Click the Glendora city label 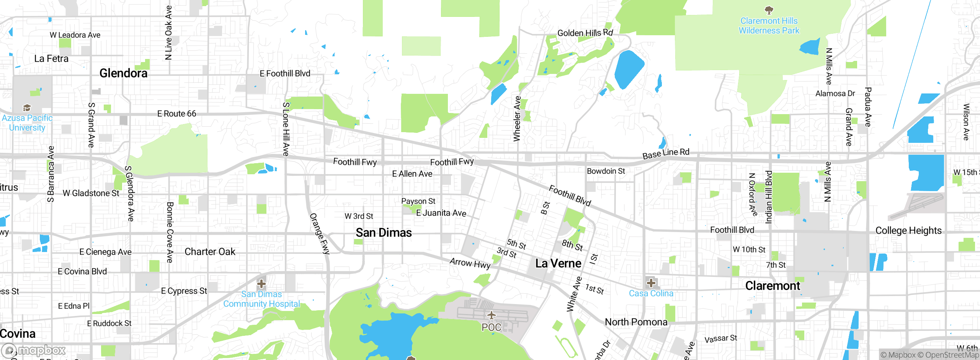pos(123,73)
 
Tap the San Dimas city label pos(384,232)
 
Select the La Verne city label pos(558,263)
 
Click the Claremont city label pos(772,286)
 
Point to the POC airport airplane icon pos(492,316)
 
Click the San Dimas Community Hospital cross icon pos(261,284)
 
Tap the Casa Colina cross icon pos(651,283)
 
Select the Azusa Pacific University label pos(27,123)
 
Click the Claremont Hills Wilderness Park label pos(769,26)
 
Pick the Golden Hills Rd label pos(585,33)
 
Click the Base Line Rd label pos(666,154)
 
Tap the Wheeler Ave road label pos(517,119)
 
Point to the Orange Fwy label pos(319,234)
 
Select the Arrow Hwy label pos(470,263)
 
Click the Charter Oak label pos(210,252)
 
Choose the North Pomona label pos(636,322)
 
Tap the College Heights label pos(908,231)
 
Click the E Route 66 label pos(176,114)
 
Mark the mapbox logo pos(34,350)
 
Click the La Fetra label pos(51,59)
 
